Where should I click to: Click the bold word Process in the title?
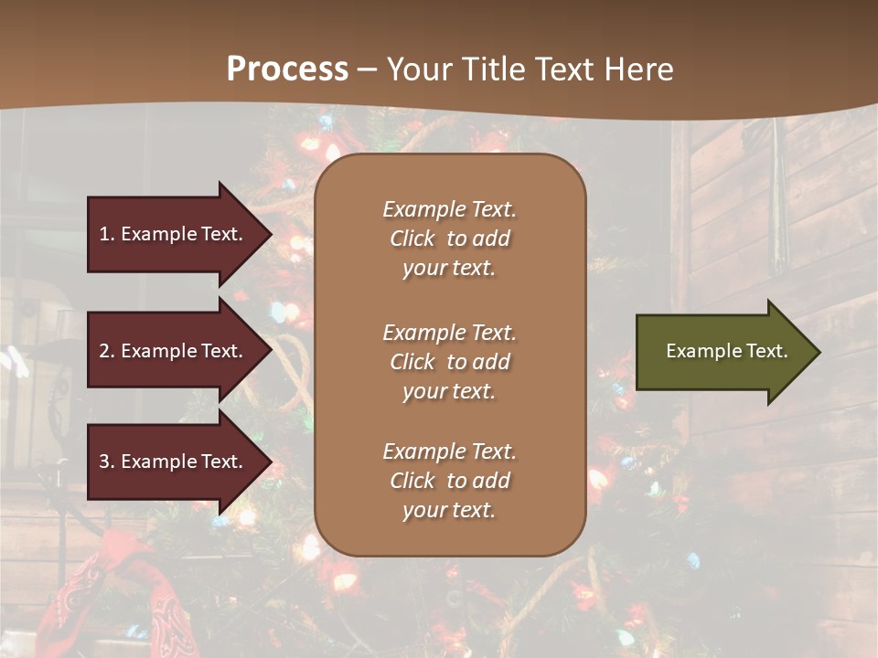pyautogui.click(x=287, y=69)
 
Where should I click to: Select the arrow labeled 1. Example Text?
pyautogui.click(x=174, y=234)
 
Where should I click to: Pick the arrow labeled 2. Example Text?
pyautogui.click(x=174, y=351)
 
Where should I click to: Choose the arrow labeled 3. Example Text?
pyautogui.click(x=174, y=462)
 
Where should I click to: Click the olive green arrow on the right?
pyautogui.click(x=723, y=351)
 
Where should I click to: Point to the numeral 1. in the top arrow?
pyautogui.click(x=107, y=234)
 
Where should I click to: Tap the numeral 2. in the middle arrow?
pyautogui.click(x=107, y=351)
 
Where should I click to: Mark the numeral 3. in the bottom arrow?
pyautogui.click(x=107, y=462)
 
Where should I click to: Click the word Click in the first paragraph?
pyautogui.click(x=412, y=239)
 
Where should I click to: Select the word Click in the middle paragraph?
pyautogui.click(x=412, y=362)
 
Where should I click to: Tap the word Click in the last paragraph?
pyautogui.click(x=412, y=481)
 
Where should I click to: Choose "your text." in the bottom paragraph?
pyautogui.click(x=448, y=510)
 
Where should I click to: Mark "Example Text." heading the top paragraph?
pyautogui.click(x=449, y=209)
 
